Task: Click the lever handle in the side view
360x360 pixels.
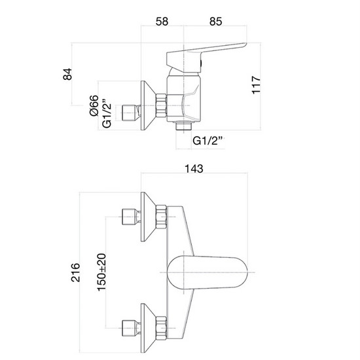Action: [x=209, y=52]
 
